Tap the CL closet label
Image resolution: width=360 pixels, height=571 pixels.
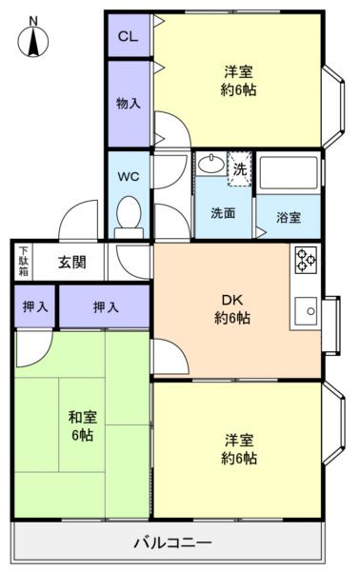point(127,36)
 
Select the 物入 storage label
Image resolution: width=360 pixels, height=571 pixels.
point(128,102)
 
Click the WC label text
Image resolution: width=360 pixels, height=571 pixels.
point(129,177)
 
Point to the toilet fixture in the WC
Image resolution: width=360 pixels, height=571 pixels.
point(129,215)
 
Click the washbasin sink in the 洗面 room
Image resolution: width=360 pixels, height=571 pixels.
point(210,165)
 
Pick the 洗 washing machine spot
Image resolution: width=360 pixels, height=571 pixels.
point(240,167)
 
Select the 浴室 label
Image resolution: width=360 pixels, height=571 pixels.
point(290,217)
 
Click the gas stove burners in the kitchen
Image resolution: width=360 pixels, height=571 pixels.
point(306,260)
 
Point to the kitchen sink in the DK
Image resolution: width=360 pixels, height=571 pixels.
point(307,309)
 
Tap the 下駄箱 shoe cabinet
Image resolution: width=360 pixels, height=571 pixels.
point(23,262)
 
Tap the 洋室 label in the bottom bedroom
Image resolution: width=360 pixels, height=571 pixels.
point(238,448)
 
